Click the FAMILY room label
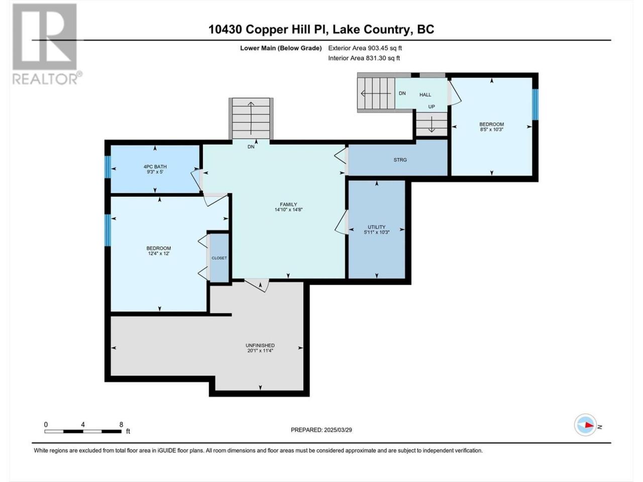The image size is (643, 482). pos(288,204)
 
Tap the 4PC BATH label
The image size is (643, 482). pos(155,167)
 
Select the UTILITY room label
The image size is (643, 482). pos(376,227)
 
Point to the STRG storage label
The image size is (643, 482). pos(400,160)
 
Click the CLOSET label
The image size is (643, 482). pos(219,258)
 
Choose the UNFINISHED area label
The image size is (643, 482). pos(260,345)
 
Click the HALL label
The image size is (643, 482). pos(425,94)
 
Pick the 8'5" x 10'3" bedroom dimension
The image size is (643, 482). pos(492,130)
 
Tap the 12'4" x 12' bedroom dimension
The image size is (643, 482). pos(159,254)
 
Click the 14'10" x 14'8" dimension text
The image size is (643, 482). pos(288,209)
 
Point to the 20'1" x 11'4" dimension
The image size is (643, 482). pos(260,350)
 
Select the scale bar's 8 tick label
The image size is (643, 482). pos(121,424)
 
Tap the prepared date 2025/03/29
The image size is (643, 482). pos(338,430)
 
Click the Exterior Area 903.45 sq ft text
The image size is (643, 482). pos(365,48)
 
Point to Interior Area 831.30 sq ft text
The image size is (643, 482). pos(364,58)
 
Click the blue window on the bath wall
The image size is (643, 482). pos(108,167)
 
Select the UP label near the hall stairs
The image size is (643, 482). pos(431,107)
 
